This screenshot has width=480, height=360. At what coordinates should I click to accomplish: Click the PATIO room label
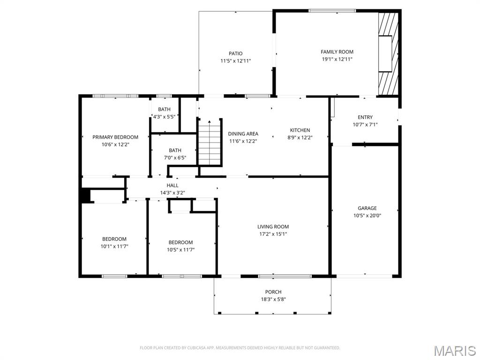click(236, 53)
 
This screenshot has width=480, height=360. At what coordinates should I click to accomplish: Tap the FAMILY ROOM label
click(337, 52)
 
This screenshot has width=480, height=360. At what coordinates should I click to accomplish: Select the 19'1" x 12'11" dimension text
click(337, 60)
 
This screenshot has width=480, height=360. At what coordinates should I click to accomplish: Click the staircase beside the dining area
click(209, 142)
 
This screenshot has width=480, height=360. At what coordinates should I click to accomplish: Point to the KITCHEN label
click(300, 130)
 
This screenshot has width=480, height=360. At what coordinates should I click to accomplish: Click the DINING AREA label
click(243, 134)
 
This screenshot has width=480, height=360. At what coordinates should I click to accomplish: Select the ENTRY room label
click(365, 117)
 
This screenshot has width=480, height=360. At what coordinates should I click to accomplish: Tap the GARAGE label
click(367, 208)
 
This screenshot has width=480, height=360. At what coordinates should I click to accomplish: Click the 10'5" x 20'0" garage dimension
click(367, 216)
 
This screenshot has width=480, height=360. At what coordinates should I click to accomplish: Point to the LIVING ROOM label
click(273, 227)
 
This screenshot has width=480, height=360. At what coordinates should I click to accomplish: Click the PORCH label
click(273, 292)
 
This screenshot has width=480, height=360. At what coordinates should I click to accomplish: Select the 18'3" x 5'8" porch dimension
click(273, 299)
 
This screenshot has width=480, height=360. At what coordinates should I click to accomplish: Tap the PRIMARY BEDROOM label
click(115, 137)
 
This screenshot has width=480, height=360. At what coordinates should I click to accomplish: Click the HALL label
click(172, 186)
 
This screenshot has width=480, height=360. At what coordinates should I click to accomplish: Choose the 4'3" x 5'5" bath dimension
click(164, 117)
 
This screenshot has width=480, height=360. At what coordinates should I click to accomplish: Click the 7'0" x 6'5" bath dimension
click(175, 157)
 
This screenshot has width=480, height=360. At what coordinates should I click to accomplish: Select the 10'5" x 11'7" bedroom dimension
click(181, 249)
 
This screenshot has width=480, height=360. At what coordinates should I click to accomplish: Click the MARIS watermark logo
click(455, 351)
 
